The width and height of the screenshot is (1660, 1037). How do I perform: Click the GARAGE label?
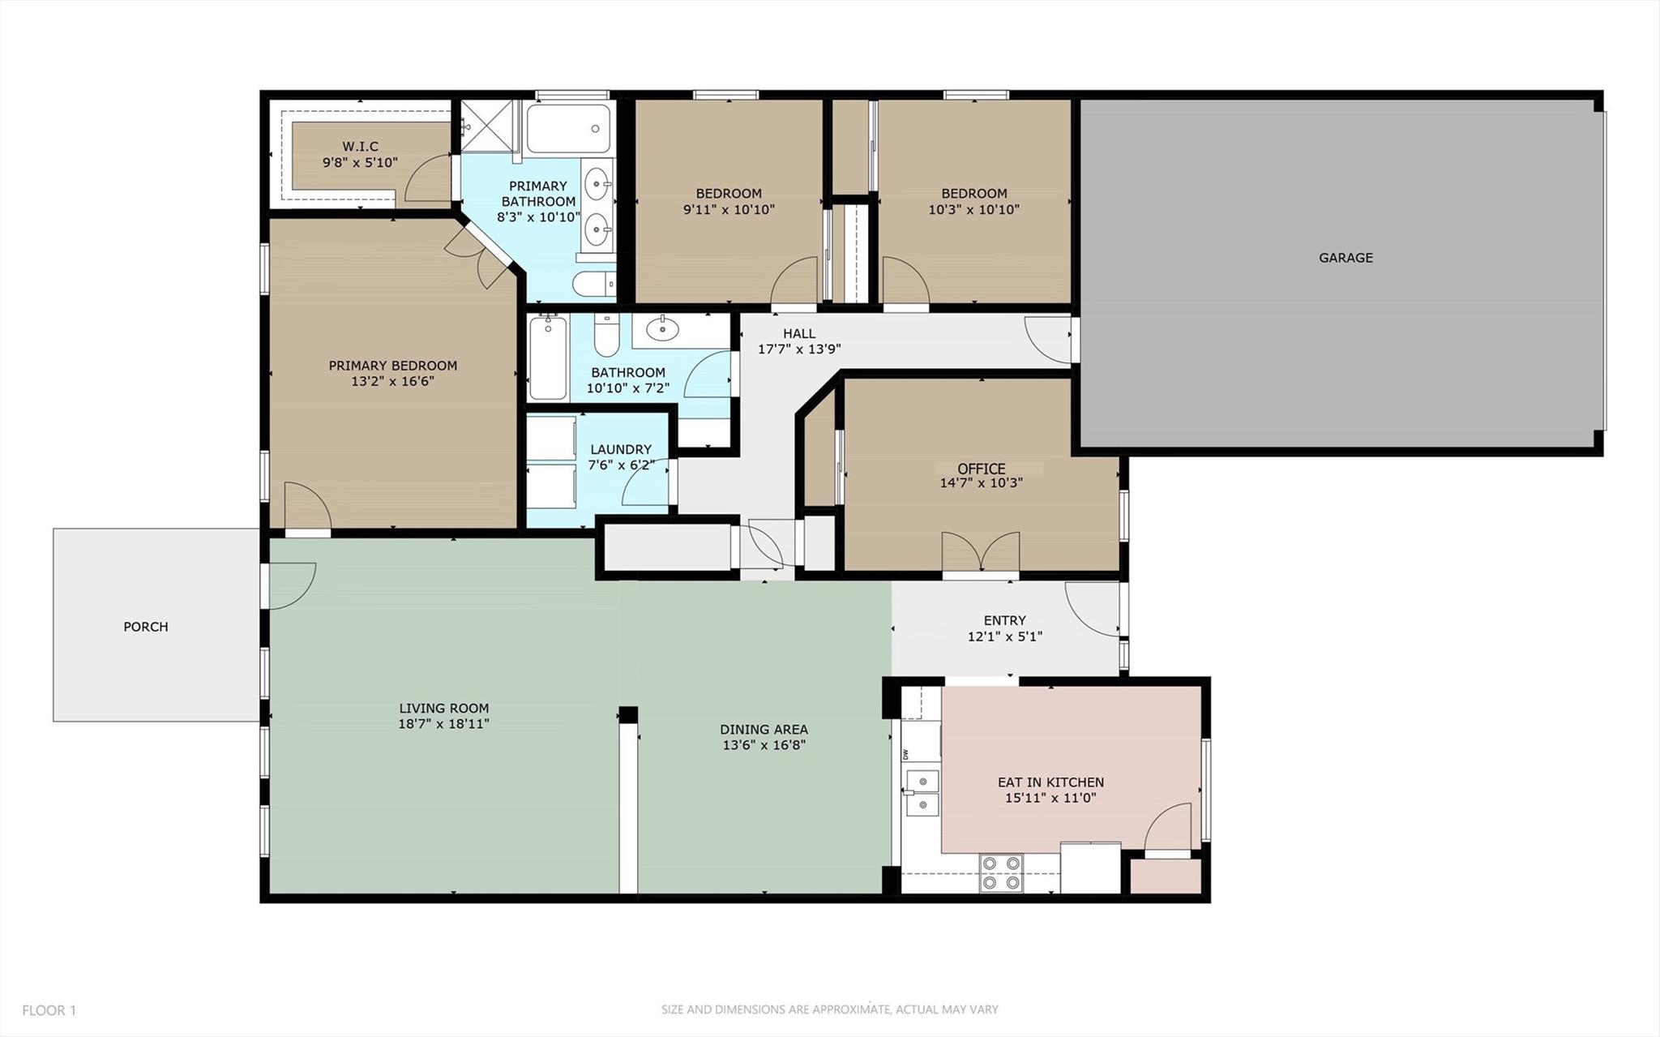(x=1346, y=258)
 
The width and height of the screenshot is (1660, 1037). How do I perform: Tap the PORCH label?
(x=146, y=627)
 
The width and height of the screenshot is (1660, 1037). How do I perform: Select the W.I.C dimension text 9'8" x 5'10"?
(x=360, y=162)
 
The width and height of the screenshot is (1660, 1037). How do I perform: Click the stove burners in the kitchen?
(x=1001, y=873)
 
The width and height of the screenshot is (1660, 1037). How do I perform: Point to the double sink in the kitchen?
(x=922, y=793)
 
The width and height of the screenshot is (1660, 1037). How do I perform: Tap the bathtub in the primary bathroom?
(x=568, y=129)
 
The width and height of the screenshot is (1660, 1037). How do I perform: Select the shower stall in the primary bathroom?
(x=489, y=126)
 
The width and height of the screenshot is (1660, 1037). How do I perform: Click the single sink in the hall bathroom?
(x=664, y=329)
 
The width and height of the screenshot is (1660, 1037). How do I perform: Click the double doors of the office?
(x=980, y=552)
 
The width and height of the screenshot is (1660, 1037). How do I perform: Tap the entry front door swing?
(x=1093, y=610)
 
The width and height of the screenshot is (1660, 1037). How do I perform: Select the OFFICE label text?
(x=981, y=469)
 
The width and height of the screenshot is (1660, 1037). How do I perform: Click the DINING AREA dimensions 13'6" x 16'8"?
(x=764, y=745)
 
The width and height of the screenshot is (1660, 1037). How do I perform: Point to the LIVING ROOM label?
(x=443, y=708)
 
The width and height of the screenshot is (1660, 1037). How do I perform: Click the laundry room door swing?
(x=646, y=483)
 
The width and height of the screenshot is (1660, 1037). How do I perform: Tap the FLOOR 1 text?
(x=49, y=1010)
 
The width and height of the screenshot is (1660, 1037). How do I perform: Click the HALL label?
(x=798, y=333)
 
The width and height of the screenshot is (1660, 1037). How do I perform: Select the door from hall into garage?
(x=1049, y=339)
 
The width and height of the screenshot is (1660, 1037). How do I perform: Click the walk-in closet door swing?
(x=428, y=178)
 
